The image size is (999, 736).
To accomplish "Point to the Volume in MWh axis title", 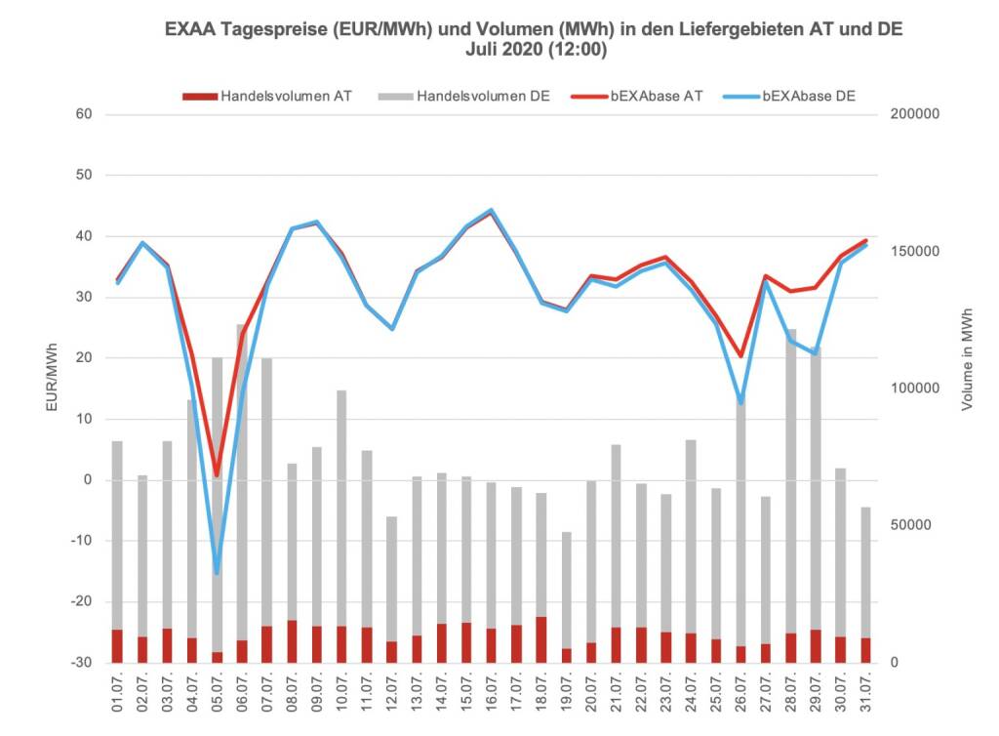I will tap(967, 359).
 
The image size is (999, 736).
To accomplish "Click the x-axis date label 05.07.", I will tap(219, 697).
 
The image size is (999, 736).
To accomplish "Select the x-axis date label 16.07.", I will tap(492, 697).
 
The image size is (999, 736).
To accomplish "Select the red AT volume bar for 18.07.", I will tap(541, 639).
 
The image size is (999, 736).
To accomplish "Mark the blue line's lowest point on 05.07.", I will tap(217, 572).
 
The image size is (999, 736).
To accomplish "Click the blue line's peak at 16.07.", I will tap(491, 210).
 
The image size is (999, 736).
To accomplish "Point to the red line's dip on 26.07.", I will tap(740, 356).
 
